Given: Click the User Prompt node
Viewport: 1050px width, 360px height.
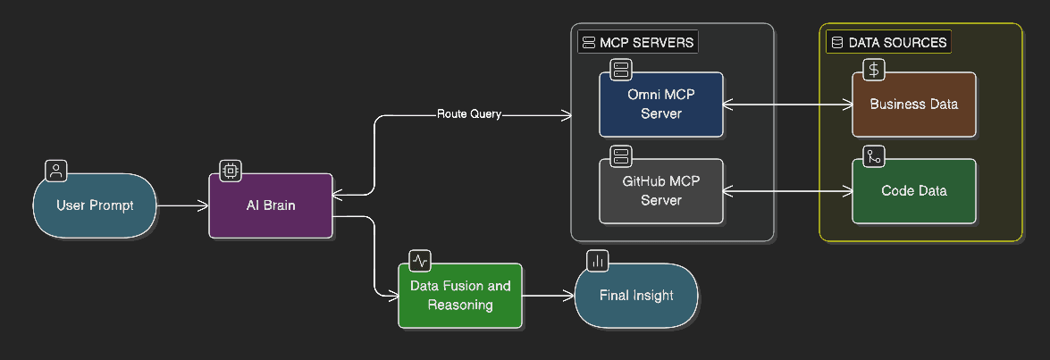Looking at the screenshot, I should (95, 205).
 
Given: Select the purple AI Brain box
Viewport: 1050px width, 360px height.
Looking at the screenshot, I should (271, 205).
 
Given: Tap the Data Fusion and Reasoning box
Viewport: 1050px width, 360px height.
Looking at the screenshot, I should (460, 296).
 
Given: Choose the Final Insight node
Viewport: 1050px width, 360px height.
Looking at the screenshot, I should (635, 296).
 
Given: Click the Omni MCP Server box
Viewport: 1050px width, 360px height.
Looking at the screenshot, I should (661, 105).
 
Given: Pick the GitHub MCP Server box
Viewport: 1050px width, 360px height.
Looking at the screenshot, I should (661, 191).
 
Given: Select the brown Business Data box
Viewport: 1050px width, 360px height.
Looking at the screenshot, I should (913, 105).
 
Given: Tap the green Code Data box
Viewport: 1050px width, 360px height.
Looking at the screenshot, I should (913, 191).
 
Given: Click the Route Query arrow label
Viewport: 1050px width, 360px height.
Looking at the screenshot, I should (469, 114).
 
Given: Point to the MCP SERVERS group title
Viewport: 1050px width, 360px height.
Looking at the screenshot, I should (636, 42).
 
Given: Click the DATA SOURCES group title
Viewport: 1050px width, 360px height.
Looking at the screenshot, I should (888, 42).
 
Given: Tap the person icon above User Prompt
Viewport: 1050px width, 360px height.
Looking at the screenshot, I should (55, 170).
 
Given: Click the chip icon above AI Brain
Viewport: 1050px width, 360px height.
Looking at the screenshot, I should (231, 170).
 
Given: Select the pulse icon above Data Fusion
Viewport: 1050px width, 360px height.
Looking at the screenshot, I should (420, 260).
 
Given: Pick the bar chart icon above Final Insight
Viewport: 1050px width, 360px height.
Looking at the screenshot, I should (597, 260).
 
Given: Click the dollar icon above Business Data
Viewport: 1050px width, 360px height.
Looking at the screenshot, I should (874, 69).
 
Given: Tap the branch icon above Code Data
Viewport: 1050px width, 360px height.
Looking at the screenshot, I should (874, 156).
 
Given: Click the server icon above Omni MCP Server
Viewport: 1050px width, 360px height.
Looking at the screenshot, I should (621, 69).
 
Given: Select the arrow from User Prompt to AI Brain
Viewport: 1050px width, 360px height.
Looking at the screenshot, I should (183, 205).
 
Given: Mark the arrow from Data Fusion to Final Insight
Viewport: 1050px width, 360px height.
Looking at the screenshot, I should (548, 296).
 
